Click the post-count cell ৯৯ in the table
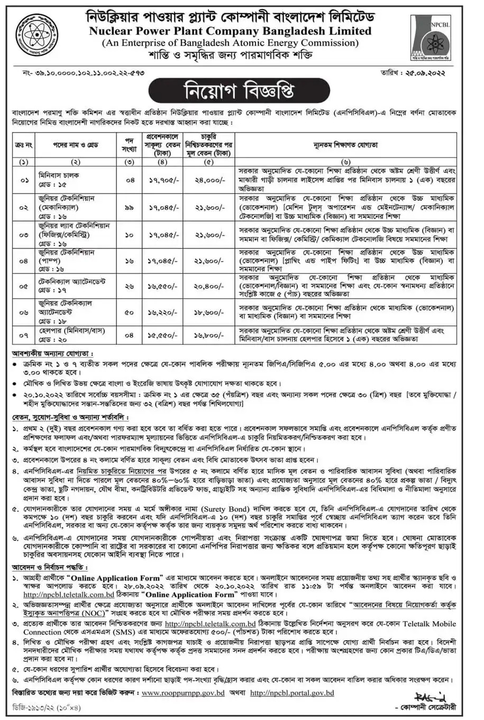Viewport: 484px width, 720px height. tap(129, 208)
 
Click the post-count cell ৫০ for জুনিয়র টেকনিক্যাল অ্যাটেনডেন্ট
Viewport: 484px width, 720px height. tap(129, 312)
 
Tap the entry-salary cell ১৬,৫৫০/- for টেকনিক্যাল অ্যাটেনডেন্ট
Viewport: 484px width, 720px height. tap(164, 286)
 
